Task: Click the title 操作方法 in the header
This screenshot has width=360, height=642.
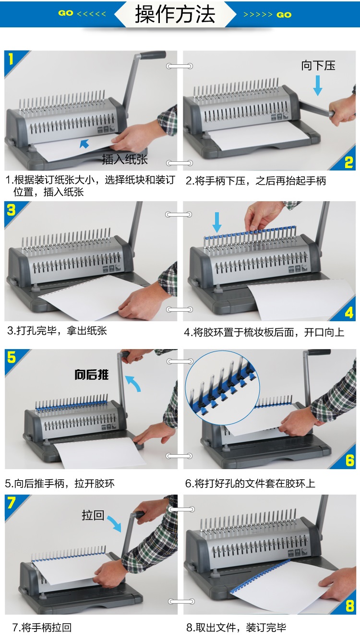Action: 175,14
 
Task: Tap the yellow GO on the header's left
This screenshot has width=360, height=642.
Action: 66,13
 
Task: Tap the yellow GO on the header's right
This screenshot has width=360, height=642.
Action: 284,15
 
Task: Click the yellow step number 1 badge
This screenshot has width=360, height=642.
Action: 11,59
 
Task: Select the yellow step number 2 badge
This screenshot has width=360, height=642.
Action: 348,162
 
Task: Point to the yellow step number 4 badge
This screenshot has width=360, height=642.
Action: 349,313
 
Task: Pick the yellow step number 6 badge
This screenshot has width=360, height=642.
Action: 350,461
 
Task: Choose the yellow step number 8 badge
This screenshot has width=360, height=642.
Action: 350,606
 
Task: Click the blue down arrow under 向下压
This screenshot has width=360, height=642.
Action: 318,85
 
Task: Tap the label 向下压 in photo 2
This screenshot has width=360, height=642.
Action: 318,66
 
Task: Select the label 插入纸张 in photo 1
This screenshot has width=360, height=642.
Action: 125,159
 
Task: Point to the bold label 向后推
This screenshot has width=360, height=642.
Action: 92,375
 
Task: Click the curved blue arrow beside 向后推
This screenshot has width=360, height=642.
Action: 134,382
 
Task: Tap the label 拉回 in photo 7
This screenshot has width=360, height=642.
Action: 93,515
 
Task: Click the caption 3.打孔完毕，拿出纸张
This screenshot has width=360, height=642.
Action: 57,331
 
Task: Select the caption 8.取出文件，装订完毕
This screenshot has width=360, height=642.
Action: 236,628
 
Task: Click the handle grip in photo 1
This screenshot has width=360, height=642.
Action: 153,54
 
